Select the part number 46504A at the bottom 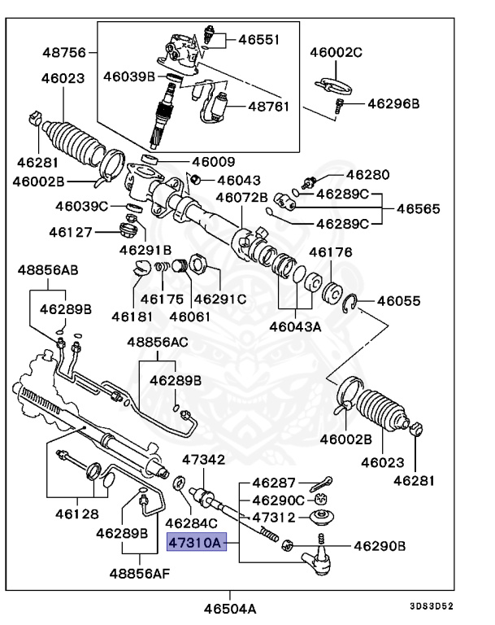230,608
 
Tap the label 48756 63,53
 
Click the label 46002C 335,53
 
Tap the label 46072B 241,197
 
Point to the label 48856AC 157,343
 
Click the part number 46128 77,514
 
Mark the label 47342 203,460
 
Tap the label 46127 70,231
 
